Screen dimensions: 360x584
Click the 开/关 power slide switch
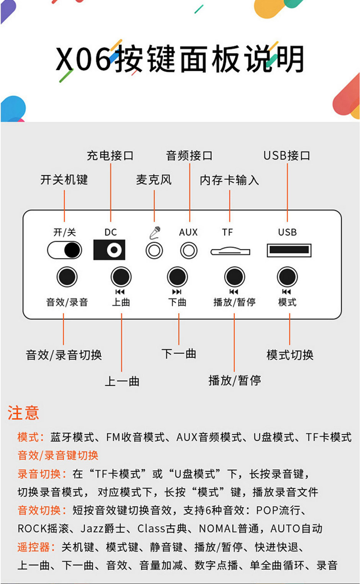64,250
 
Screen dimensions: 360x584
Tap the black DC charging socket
109,250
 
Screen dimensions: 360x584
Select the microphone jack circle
154,250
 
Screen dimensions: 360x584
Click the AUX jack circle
189,250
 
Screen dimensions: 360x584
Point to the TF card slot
230,251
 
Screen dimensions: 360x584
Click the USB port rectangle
289,250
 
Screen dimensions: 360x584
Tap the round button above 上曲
121,277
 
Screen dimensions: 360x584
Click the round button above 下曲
178,277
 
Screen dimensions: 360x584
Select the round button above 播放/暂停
235,277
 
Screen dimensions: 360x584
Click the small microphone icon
155,232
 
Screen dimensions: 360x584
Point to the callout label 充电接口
110,155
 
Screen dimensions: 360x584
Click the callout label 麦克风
154,179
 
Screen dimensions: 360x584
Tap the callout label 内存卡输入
229,180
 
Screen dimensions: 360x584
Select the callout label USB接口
287,155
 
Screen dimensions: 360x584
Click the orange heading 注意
24,413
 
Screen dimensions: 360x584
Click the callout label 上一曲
122,381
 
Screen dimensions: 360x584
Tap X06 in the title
83,59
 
